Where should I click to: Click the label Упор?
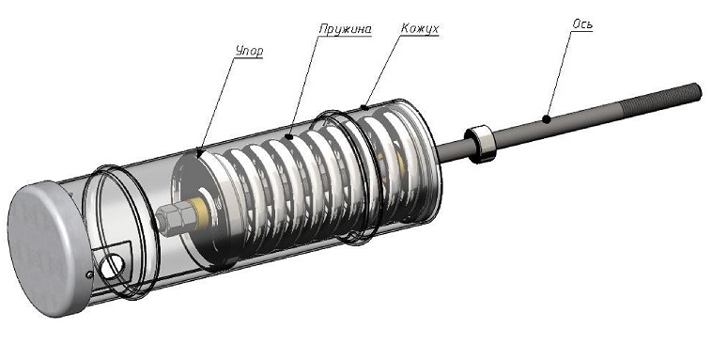249,52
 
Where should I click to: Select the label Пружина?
346,29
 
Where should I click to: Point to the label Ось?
582,24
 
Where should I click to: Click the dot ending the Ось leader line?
547,119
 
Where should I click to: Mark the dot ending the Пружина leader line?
288,136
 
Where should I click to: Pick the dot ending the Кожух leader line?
364,108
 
